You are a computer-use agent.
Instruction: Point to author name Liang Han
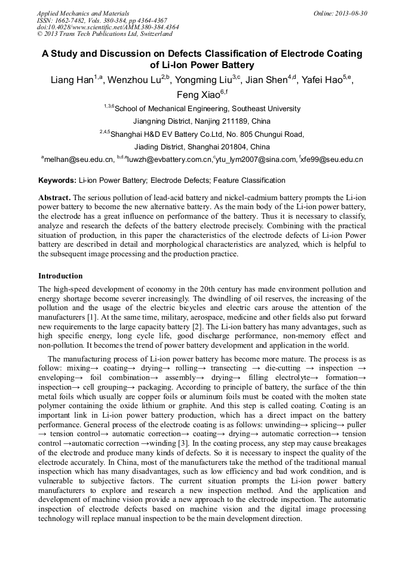pos(70,81)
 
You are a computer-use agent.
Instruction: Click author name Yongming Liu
pos(203,81)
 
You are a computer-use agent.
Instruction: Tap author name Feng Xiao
pos(197,95)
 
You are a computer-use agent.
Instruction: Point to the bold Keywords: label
pos(57,180)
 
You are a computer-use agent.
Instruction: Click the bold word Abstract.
pos(54,197)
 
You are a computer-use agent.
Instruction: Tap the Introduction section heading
pos(60,276)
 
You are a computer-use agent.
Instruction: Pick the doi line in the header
pos(108,27)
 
